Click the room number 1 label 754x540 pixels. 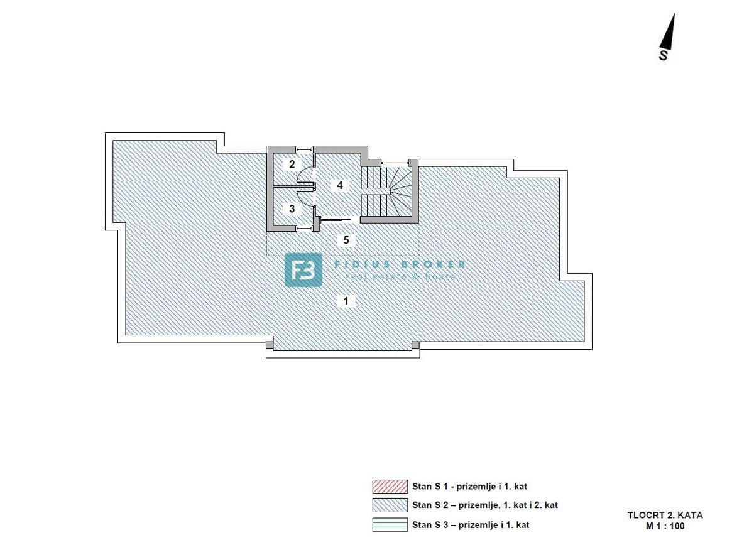[x=346, y=301]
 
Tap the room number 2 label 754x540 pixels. [x=292, y=165]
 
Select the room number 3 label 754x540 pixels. [x=292, y=208]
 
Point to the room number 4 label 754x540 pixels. [x=339, y=185]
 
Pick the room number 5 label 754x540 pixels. [x=346, y=239]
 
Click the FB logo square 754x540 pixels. [x=303, y=270]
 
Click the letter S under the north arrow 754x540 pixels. [x=663, y=56]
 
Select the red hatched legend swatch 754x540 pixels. [x=390, y=486]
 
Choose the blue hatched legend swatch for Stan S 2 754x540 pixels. [x=390, y=505]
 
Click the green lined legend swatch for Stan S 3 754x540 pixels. [x=390, y=524]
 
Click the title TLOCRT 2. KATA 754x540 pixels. [x=665, y=516]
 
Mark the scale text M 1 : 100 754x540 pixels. [x=664, y=526]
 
